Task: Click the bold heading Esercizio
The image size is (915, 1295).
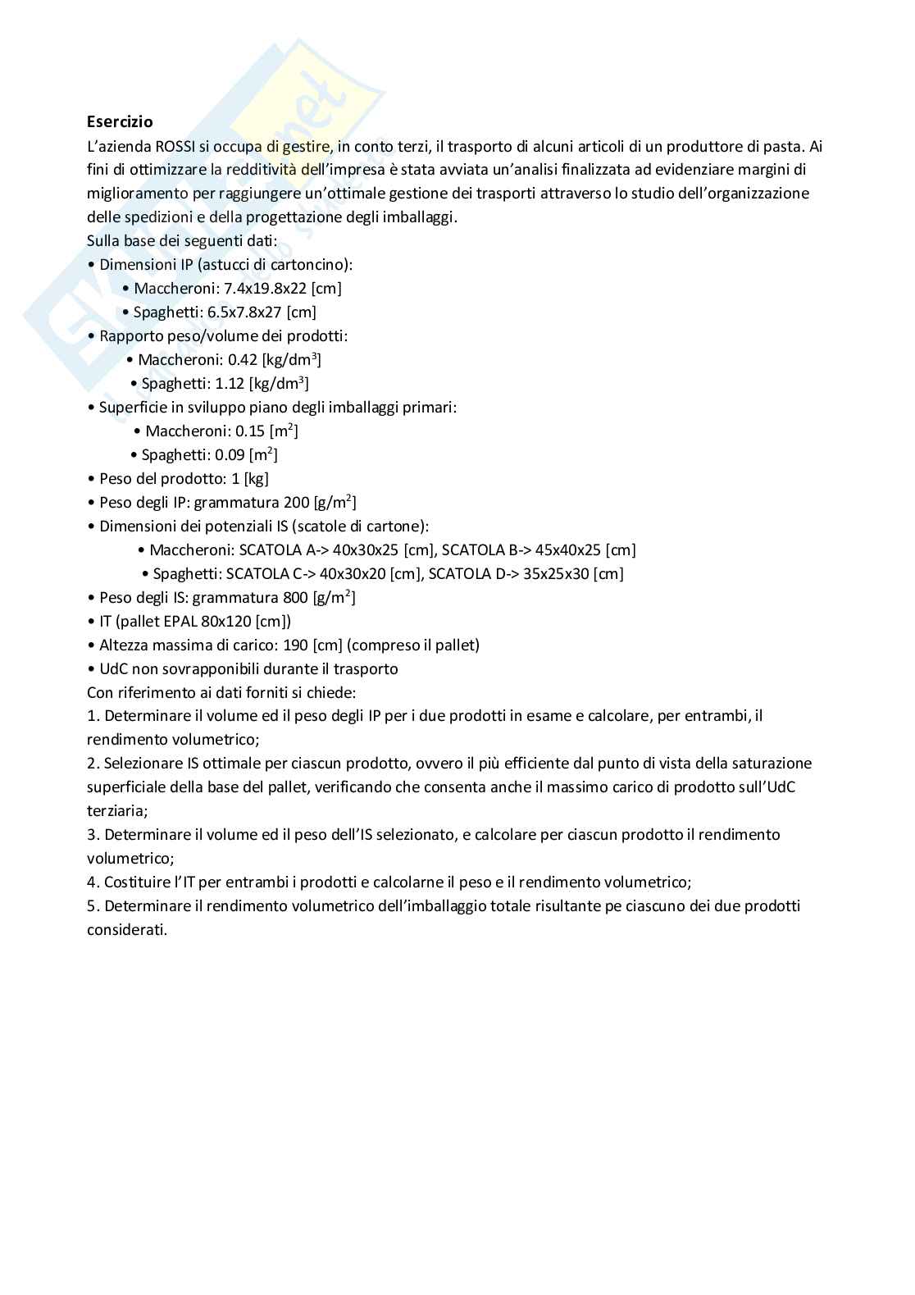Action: pyautogui.click(x=120, y=121)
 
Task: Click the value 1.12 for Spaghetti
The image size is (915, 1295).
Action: pyautogui.click(x=232, y=384)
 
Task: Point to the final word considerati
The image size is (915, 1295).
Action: pyautogui.click(x=126, y=930)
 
